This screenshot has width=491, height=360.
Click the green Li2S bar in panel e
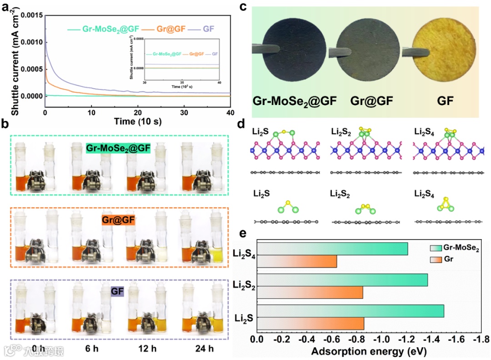350,311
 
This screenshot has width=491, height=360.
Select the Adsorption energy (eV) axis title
367,351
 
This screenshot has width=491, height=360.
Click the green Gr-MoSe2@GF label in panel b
118,148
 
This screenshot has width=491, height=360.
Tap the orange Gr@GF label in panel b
118,220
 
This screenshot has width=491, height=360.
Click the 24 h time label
204,349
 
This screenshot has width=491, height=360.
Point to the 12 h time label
148,349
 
